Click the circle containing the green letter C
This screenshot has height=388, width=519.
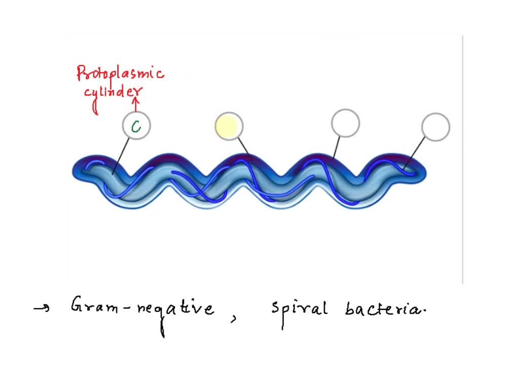[136, 126]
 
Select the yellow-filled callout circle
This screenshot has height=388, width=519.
[229, 126]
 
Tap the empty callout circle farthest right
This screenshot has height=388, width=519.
[435, 127]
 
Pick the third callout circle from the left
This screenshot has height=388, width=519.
[345, 123]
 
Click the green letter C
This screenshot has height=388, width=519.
[136, 127]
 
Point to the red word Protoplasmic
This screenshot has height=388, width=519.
[120, 74]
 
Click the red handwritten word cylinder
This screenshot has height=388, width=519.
[113, 93]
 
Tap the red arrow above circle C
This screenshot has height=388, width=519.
[135, 103]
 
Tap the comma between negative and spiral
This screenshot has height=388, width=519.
[234, 318]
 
